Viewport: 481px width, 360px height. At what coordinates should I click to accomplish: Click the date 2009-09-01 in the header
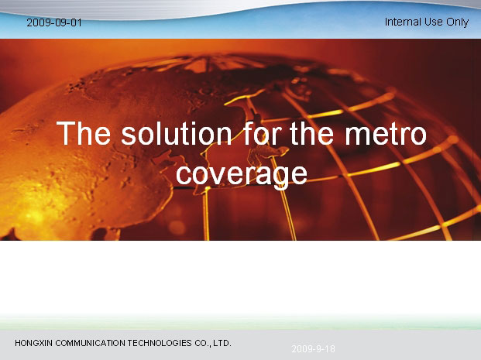(54, 22)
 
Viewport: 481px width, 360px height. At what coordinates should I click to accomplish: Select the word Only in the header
(458, 22)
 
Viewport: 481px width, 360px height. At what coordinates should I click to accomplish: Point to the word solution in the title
(177, 133)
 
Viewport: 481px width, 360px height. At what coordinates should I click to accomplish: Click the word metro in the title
(386, 134)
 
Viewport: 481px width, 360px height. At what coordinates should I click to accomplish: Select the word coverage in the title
(242, 174)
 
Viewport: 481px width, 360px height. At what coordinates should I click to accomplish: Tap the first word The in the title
(84, 133)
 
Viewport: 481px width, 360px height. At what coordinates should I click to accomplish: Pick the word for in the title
(263, 133)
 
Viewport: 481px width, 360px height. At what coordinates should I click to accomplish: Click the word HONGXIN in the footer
(33, 343)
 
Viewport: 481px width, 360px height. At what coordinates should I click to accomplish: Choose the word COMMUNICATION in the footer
(90, 343)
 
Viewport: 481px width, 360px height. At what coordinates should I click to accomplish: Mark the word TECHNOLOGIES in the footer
(160, 343)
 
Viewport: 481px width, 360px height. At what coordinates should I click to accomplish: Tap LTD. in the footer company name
(222, 343)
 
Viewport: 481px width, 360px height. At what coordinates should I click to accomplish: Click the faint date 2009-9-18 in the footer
(313, 348)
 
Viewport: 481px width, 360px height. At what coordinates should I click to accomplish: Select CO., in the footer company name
(203, 343)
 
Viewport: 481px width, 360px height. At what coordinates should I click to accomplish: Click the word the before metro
(311, 133)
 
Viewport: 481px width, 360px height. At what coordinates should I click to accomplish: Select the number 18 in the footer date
(329, 348)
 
